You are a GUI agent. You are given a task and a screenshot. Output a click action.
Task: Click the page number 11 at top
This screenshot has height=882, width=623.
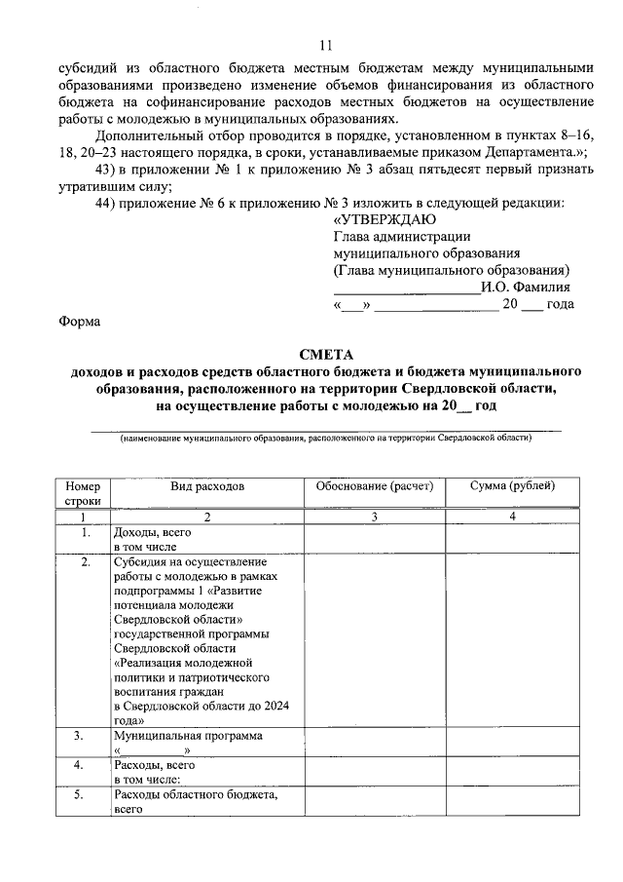325,45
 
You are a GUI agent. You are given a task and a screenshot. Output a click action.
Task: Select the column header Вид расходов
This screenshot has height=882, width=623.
206,485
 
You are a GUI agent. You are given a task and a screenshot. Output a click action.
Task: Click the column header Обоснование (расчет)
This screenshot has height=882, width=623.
374,485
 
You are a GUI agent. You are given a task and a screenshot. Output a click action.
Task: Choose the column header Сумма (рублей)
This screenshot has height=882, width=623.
512,485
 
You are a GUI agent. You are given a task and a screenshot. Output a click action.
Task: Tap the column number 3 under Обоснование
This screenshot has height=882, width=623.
374,517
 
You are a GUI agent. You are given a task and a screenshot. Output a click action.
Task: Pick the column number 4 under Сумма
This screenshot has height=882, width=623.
512,517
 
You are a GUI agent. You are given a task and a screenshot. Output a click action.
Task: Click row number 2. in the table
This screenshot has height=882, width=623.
86,562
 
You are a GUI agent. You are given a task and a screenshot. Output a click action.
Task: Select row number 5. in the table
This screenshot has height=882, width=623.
86,795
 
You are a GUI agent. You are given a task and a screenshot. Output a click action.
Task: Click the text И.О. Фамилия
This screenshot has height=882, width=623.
526,287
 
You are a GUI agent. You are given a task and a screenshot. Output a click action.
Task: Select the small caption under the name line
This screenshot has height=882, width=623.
325,440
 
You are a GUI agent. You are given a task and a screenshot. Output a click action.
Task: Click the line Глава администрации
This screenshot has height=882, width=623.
402,236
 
